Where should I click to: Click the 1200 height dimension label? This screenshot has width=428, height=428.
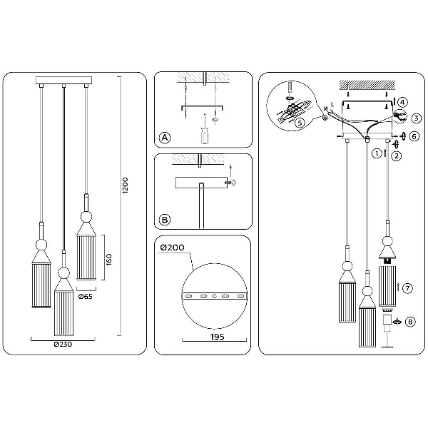click(x=125, y=185)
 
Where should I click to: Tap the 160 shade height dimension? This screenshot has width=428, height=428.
click(x=109, y=260)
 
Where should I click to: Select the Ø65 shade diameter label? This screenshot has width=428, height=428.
click(x=86, y=297)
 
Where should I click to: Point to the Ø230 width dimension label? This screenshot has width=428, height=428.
click(x=63, y=345)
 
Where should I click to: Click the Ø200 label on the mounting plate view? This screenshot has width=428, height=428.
click(x=172, y=248)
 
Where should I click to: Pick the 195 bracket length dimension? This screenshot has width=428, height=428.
click(x=218, y=337)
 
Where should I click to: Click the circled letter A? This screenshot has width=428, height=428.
click(x=165, y=138)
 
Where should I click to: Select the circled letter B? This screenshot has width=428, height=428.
click(x=165, y=220)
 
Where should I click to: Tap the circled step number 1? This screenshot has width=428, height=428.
click(x=377, y=153)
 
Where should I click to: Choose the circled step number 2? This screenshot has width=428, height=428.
click(x=397, y=156)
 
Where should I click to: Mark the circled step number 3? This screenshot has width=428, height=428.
click(x=417, y=118)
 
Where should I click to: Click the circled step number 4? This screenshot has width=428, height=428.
click(x=402, y=102)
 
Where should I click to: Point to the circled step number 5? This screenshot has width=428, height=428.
click(x=300, y=123)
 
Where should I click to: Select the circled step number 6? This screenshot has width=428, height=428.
click(x=414, y=136)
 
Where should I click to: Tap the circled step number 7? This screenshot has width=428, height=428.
click(x=407, y=288)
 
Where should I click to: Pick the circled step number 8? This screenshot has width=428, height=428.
click(x=410, y=322)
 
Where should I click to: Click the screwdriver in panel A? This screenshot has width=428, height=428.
click(x=205, y=129)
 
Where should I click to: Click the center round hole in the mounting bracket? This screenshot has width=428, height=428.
click(x=215, y=296)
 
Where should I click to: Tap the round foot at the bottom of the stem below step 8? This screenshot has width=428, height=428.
click(x=387, y=347)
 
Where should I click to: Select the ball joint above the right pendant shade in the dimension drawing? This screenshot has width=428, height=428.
click(x=86, y=217)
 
